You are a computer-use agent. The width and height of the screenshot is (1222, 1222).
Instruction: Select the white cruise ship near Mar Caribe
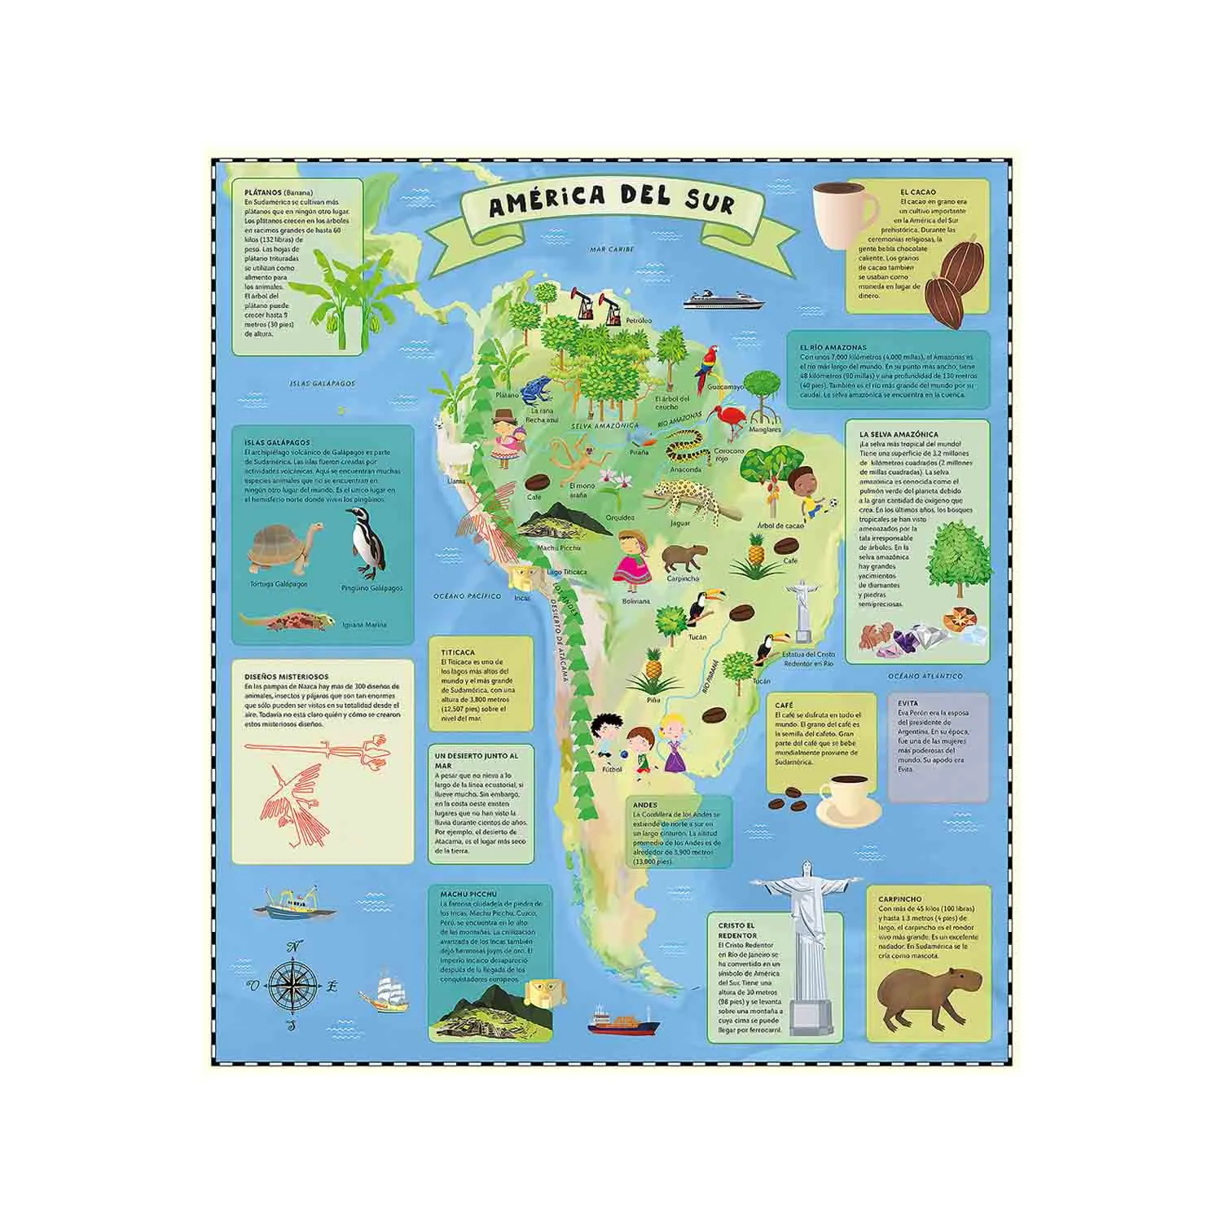point(722,299)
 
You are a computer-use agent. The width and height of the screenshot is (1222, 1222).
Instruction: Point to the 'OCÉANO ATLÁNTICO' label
point(925,676)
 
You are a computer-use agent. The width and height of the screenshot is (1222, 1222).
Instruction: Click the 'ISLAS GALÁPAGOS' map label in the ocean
point(323,383)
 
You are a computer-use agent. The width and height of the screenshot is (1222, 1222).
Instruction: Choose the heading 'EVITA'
point(908,703)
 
